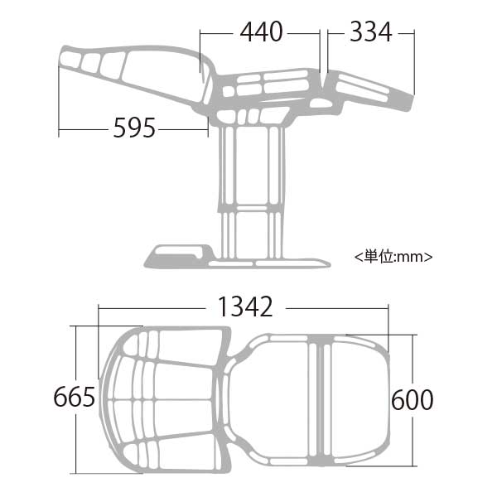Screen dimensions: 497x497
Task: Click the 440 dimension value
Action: click(261, 32)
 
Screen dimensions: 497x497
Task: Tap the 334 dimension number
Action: click(370, 32)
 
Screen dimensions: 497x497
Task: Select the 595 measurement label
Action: click(134, 128)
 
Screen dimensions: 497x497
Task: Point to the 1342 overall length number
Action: click(245, 306)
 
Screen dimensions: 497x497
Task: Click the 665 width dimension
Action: click(75, 397)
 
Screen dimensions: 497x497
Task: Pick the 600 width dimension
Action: click(412, 400)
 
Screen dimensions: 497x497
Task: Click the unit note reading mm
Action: click(393, 257)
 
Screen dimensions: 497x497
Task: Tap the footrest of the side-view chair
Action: click(369, 90)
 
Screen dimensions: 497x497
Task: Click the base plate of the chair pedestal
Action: click(238, 263)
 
